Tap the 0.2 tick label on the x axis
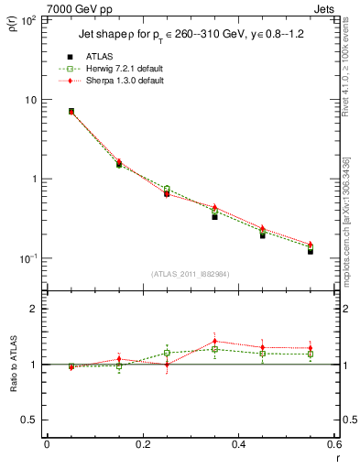click(142, 445)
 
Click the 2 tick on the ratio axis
click(37, 310)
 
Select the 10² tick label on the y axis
click(30, 19)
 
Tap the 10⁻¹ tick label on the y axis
click(30, 258)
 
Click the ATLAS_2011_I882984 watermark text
click(191, 274)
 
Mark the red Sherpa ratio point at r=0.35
click(214, 341)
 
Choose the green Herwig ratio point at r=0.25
click(167, 353)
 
